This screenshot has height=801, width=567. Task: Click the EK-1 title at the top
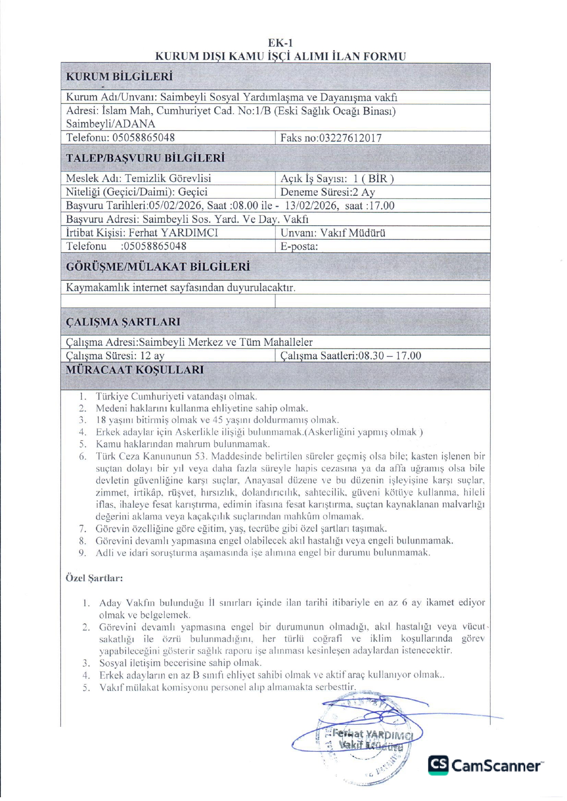pos(280,43)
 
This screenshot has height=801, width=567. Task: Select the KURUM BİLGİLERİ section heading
pos(119,77)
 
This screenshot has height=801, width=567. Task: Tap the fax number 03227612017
pos(350,138)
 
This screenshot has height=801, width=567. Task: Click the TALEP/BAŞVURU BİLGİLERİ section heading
pos(145,158)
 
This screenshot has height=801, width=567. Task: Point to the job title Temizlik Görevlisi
pos(168,179)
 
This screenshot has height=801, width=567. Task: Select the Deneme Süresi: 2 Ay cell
pos(328,192)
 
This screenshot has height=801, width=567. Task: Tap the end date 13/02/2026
pos(310,206)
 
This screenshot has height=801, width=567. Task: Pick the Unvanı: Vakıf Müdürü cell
pos(333,233)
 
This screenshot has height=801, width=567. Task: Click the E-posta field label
pos(299,247)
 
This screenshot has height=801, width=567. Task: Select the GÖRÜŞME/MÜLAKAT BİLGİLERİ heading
pos(158,267)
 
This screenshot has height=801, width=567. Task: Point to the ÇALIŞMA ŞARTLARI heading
pos(123,322)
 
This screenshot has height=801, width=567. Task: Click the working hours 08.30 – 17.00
pos(390,356)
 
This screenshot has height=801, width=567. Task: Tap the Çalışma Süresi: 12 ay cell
pos(115,356)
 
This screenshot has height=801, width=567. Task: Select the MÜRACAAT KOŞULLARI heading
pos(135,370)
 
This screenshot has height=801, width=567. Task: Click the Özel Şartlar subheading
pos(94,578)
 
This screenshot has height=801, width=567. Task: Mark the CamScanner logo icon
pos(438,765)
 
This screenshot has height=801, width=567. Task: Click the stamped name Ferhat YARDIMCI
pos(373,734)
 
